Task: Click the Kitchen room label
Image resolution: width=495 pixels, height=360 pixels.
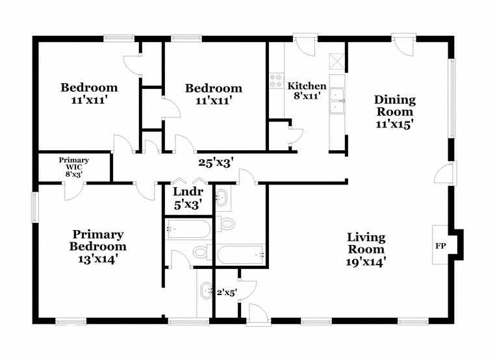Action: pos(307,86)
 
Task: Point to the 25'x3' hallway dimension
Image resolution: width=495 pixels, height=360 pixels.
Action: pos(215,163)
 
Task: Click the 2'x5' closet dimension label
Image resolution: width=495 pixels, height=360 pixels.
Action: pos(225,292)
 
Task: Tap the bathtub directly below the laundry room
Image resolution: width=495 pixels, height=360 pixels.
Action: pos(188,228)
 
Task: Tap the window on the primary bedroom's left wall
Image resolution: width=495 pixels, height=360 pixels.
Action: pos(36,207)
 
